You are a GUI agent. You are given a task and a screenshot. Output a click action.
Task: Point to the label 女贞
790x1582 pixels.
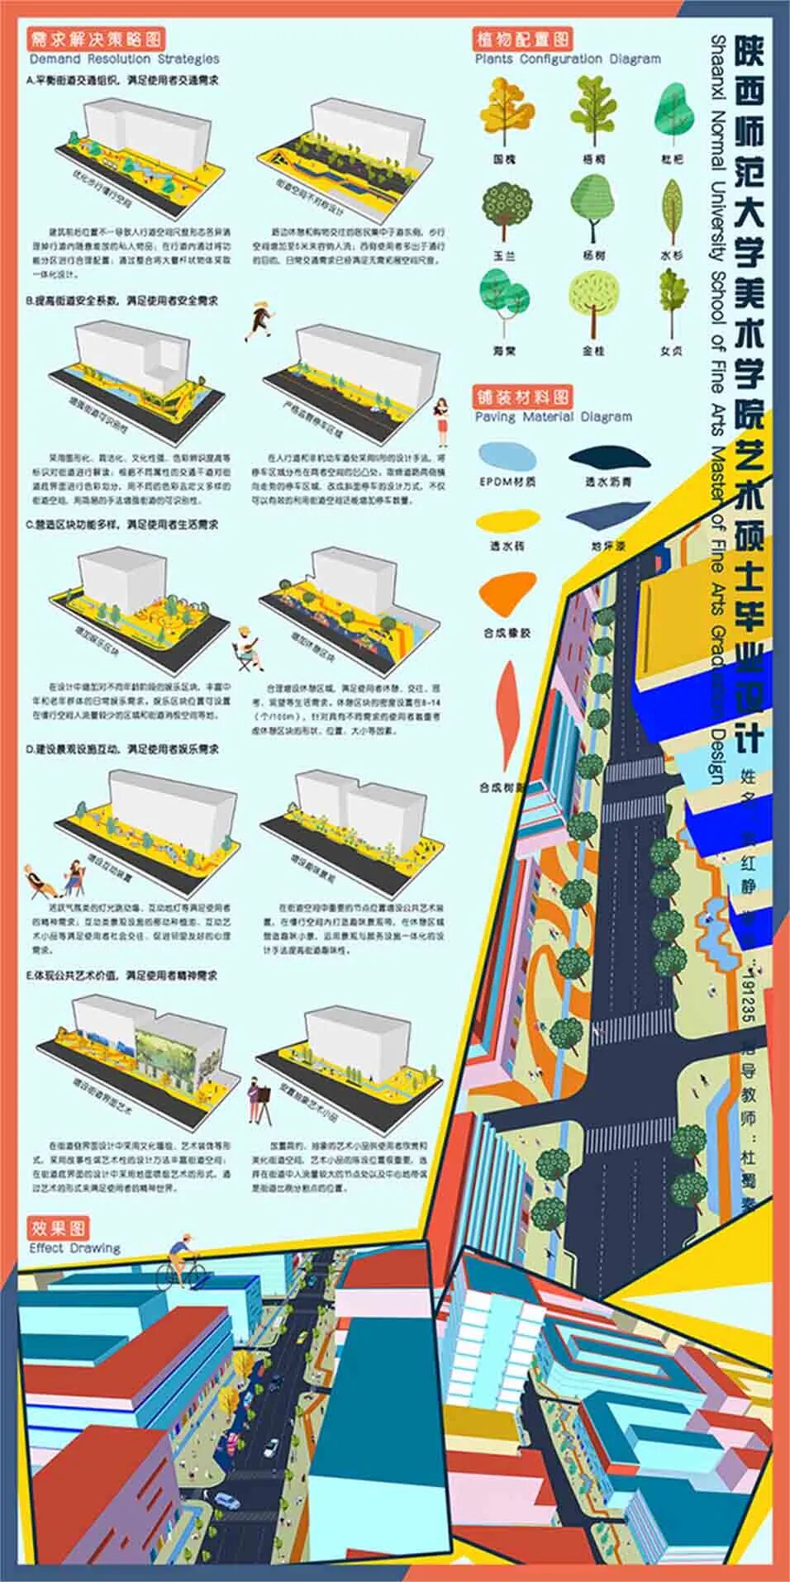coord(670,351)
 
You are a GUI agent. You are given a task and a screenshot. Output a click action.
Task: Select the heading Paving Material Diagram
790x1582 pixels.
coord(553,416)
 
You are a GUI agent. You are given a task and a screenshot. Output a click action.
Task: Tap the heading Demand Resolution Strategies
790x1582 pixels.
coord(124,59)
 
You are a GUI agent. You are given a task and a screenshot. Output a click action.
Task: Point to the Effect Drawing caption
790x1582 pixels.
coord(74,1247)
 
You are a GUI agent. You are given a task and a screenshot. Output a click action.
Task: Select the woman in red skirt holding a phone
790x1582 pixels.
coord(443,418)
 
